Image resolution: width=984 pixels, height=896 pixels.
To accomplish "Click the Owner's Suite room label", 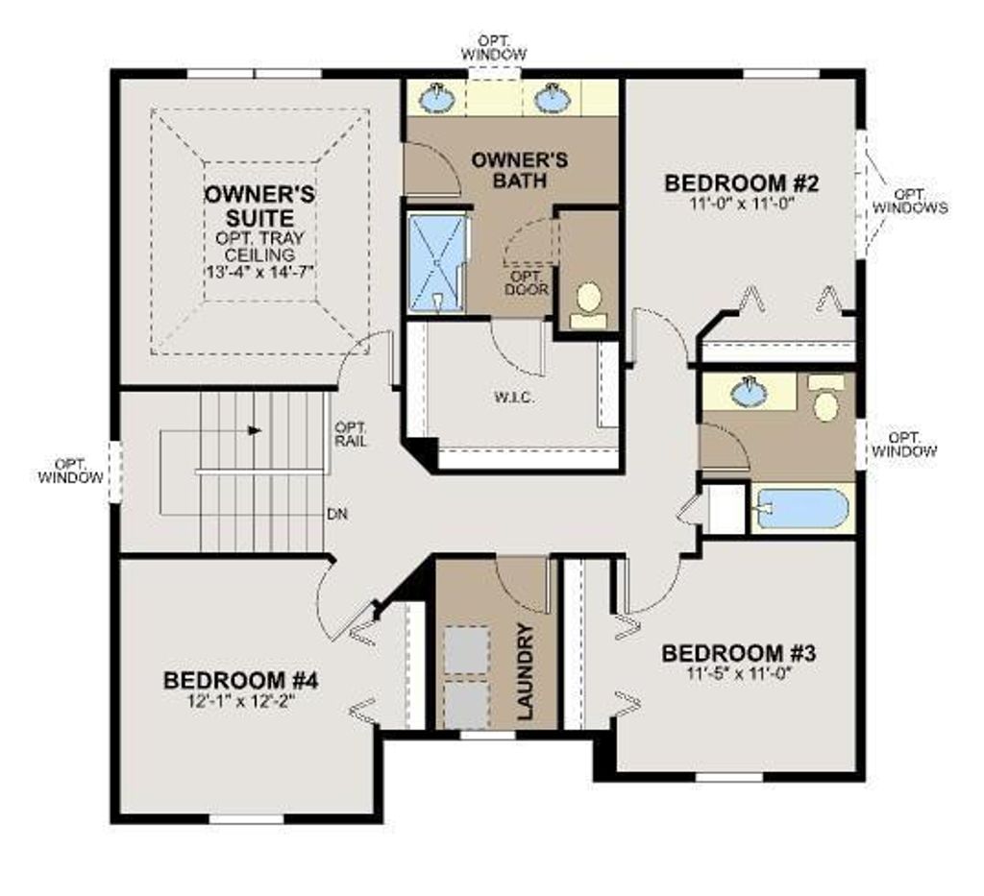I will [259, 205].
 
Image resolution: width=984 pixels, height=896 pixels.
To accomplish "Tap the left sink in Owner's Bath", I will [439, 97].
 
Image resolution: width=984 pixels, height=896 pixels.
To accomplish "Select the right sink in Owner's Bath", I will [552, 97].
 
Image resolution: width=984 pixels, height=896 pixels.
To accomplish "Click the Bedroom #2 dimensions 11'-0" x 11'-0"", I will [741, 203].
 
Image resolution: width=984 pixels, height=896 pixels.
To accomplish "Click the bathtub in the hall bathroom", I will [800, 509].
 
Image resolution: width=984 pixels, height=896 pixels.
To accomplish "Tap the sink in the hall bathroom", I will [750, 390].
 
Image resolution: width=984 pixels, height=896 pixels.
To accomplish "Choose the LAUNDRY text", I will [525, 671].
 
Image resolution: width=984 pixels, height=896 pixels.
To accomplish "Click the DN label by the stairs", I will [336, 515].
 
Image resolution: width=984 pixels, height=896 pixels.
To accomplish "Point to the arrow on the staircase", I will [254, 431].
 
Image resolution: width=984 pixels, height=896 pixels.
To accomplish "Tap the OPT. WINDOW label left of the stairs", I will [69, 470].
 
